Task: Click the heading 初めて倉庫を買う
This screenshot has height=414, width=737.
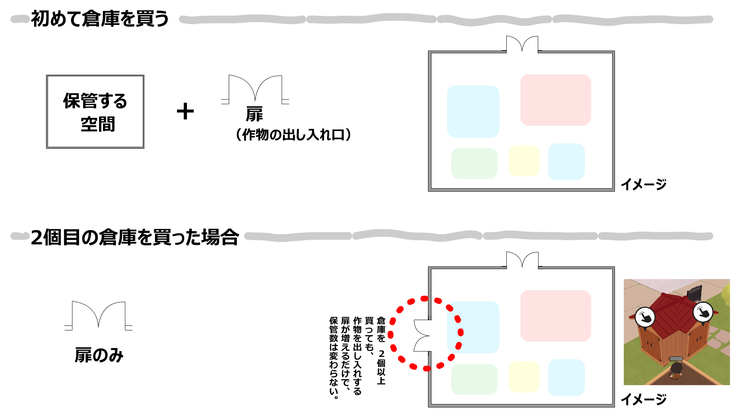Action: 100,18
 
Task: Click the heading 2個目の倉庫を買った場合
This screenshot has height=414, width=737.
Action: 135,237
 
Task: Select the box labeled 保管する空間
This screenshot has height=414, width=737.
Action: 95,112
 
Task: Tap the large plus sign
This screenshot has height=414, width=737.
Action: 185,111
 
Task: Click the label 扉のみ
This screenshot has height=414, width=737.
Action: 99,355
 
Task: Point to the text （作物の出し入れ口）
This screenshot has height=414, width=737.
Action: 293,135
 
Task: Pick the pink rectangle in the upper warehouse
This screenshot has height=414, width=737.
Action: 555,100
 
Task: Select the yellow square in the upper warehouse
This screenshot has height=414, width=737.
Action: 524,161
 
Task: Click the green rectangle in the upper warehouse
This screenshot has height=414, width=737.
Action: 474,164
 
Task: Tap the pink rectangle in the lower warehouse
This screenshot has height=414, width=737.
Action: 555,316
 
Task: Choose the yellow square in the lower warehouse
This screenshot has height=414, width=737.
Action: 524,376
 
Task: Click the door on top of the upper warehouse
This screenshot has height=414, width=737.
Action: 522,44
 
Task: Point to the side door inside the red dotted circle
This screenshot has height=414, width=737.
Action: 422,336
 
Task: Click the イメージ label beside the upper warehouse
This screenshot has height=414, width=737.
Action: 644,184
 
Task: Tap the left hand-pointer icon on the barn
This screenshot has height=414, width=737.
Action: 645,317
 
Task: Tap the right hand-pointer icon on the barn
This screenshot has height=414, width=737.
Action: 703,312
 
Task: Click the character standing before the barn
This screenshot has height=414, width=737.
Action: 676,370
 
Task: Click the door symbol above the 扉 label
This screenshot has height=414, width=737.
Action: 255,89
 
